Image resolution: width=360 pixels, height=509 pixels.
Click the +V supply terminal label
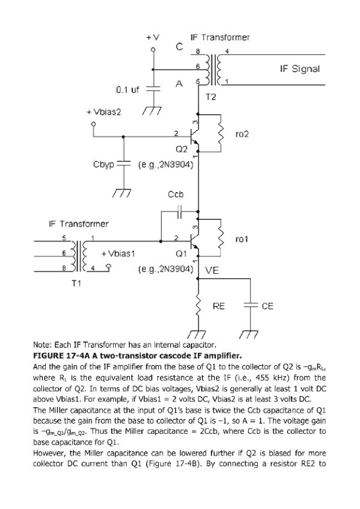coord(153,38)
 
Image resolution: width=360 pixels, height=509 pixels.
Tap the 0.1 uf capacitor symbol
coord(153,89)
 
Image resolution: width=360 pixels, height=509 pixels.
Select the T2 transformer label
coord(210,97)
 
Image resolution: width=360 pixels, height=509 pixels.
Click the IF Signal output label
coord(300,69)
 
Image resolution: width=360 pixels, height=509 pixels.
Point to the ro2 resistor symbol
coord(222,133)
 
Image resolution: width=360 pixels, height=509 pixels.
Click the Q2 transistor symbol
coord(194,133)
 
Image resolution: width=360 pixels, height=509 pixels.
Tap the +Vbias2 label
coord(104,112)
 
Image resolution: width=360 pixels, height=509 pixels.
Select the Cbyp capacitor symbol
coord(123,164)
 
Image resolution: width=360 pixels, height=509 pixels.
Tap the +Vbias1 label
coord(118,253)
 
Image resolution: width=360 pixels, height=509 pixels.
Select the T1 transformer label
coord(76,283)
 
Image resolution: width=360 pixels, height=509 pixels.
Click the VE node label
coord(212,270)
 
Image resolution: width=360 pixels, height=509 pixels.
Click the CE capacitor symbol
coord(250,305)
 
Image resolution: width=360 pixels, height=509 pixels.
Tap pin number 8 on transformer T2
coord(197,51)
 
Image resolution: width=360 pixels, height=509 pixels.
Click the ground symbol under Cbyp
coord(122,193)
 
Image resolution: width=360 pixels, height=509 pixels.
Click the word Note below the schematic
coord(41,344)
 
